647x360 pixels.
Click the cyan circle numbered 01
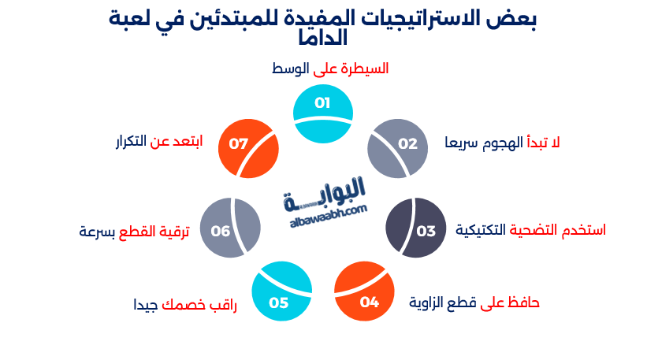coord(323,114)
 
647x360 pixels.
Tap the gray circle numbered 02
coord(398,147)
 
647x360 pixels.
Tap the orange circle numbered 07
coord(248,147)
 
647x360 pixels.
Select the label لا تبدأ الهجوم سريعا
coord(502,143)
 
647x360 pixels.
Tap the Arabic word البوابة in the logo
coord(325,194)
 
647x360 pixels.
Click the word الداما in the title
coord(323,37)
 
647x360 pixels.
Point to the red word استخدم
coord(582,230)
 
